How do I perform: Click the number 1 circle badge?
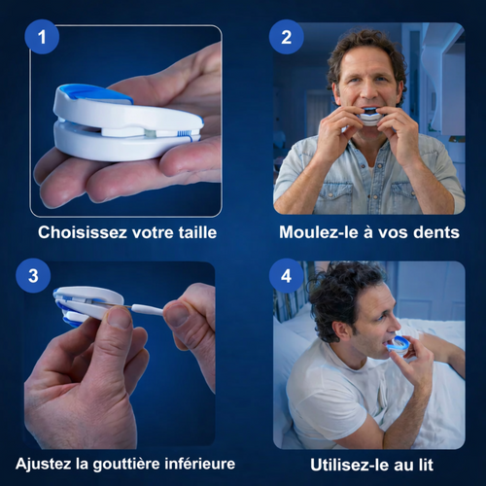coord(42,37)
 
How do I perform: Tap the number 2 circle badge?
coord(287,37)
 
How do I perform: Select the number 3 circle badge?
coord(33,276)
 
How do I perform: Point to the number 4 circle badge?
coord(287,276)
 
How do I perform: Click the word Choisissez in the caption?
coord(83,232)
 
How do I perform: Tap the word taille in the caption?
coord(197,232)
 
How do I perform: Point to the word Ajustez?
coord(44,464)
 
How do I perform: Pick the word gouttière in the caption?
coord(126,465)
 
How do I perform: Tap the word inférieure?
coord(200,464)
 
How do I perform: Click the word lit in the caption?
coord(426,465)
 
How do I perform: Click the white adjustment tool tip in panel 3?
coord(148,309)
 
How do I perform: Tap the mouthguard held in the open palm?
coord(128,123)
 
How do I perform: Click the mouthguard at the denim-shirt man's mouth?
coord(370,117)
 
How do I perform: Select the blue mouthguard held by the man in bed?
coord(398,344)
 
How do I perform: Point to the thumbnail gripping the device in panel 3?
coord(119,318)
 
